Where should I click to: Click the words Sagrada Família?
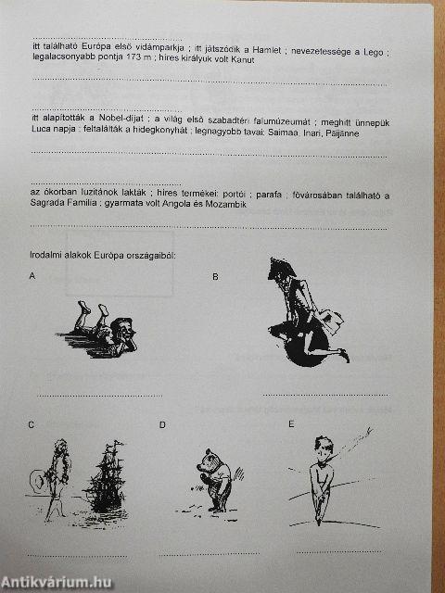tap(63, 204)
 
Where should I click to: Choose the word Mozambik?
tap(225, 204)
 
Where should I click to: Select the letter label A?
tap(32, 277)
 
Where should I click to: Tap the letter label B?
tap(216, 277)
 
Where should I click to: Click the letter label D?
tap(162, 425)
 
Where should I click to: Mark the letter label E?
tap(290, 425)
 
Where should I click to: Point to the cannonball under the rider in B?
tap(284, 347)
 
